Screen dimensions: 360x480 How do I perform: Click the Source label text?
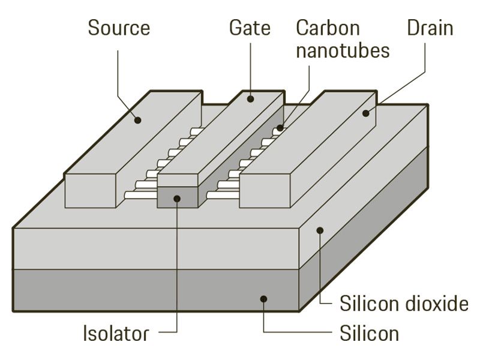pyautogui.click(x=118, y=28)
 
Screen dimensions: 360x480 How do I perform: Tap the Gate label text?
pyautogui.click(x=250, y=28)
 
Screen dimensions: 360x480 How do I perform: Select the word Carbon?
pyautogui.click(x=328, y=28)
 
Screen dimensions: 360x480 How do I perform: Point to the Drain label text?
pyautogui.click(x=430, y=28)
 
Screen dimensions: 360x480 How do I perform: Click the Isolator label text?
pyautogui.click(x=115, y=333)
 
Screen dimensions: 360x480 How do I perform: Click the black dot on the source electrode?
pyautogui.click(x=139, y=120)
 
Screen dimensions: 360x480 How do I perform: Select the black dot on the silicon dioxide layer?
pyautogui.click(x=320, y=229)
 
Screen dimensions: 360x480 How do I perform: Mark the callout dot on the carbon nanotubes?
pyautogui.click(x=280, y=128)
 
